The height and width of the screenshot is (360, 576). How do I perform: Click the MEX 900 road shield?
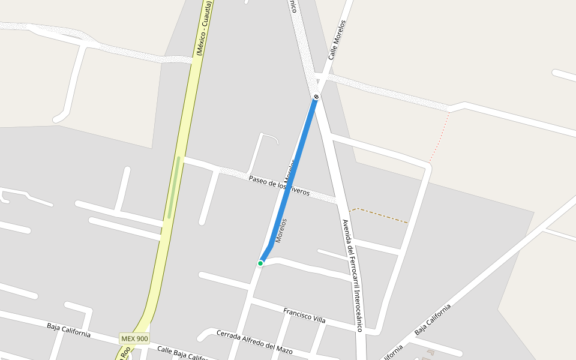[134, 338]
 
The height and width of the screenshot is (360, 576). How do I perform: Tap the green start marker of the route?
[260, 263]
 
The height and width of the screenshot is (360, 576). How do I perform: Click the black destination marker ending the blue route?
[316, 97]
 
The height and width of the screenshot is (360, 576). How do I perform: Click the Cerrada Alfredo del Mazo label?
[254, 342]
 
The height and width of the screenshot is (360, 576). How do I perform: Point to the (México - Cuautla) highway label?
[204, 29]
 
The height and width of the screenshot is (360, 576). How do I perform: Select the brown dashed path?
[381, 215]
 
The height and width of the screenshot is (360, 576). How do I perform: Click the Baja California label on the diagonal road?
[432, 320]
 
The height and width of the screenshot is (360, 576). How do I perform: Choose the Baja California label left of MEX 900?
[68, 330]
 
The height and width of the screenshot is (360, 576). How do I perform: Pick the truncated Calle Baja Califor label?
[183, 353]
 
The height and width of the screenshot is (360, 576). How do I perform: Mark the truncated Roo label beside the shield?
[124, 354]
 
